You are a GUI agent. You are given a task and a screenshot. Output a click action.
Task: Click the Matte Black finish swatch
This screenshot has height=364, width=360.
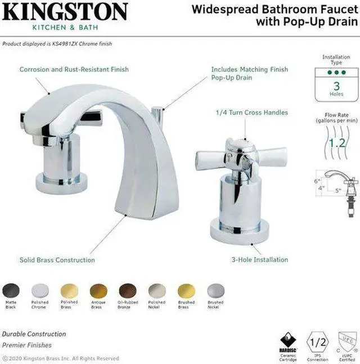(x=11, y=290)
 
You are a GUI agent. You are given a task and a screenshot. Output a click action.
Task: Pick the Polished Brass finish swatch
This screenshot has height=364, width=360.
(x=69, y=290)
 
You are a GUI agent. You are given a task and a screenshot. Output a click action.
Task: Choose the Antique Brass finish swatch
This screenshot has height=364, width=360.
(x=98, y=290)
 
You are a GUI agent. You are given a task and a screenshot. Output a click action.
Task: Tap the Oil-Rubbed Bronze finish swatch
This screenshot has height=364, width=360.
(x=128, y=290)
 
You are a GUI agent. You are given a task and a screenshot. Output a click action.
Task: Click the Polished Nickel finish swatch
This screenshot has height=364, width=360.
(x=157, y=290)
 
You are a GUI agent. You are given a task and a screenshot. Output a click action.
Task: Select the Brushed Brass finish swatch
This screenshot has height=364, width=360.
(x=186, y=290)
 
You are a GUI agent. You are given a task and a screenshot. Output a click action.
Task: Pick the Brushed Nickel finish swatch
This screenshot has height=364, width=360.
(x=215, y=290)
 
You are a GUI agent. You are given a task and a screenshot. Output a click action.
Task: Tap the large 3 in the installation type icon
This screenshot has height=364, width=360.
(x=336, y=86)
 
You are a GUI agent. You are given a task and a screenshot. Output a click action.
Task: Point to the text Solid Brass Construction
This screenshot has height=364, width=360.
(x=57, y=260)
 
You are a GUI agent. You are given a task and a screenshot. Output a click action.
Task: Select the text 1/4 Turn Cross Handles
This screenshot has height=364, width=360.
(x=251, y=113)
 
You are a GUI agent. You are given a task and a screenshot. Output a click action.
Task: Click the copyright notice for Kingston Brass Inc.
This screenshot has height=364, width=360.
(x=61, y=358)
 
